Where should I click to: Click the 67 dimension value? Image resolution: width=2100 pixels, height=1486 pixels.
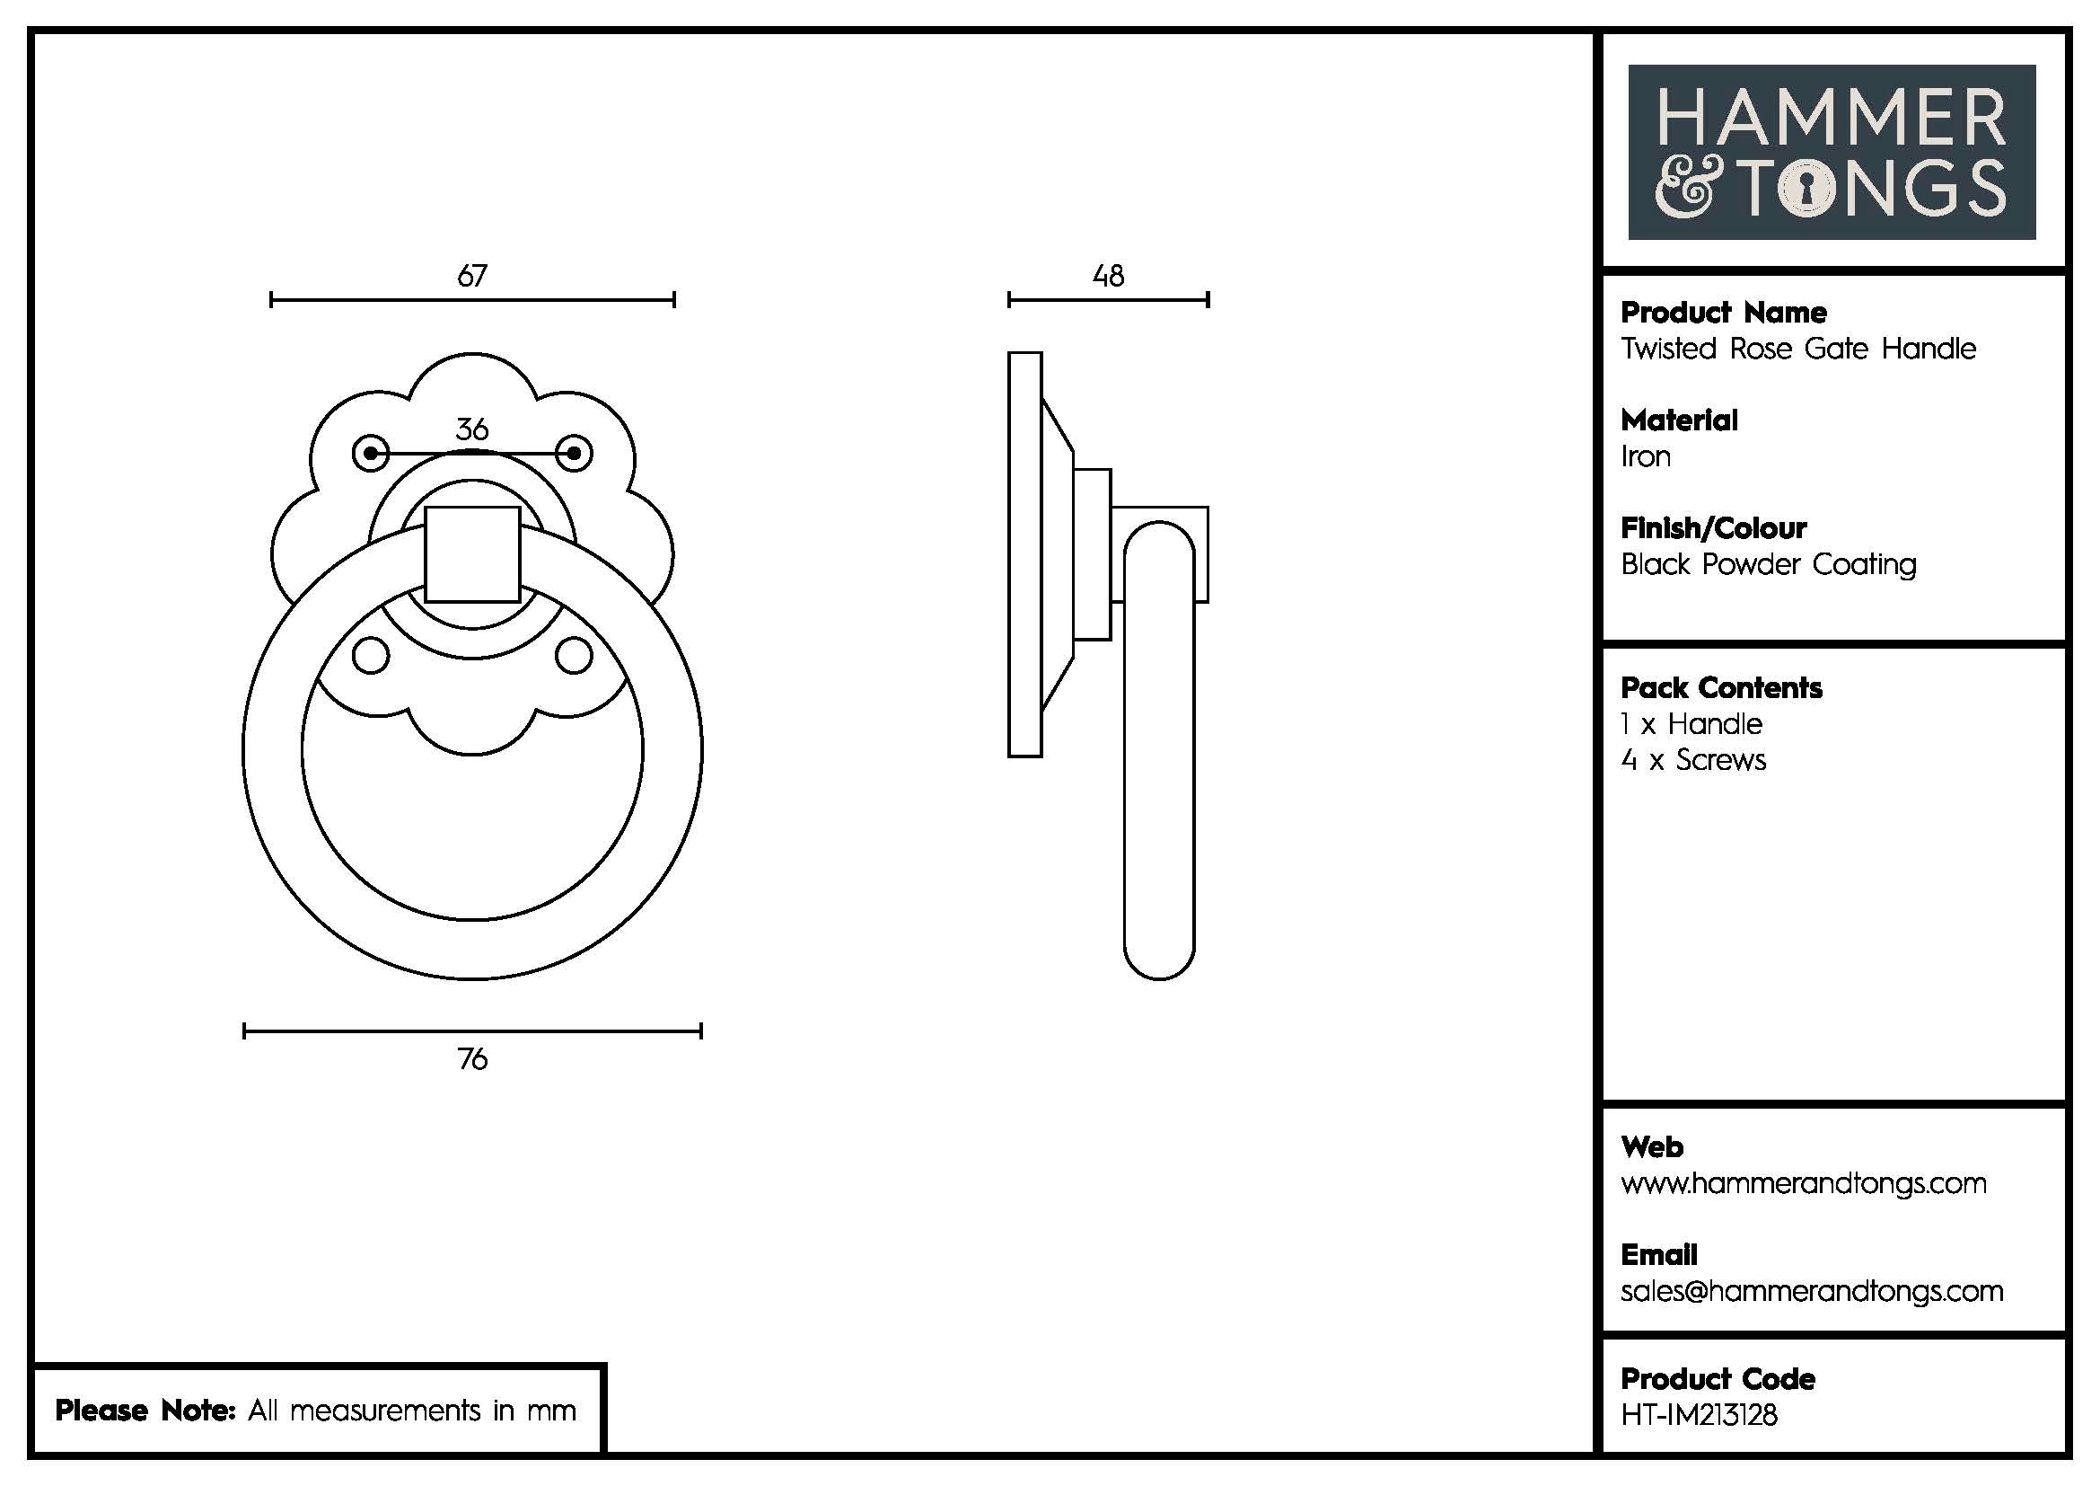pos(472,276)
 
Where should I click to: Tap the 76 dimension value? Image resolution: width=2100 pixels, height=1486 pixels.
pos(472,1058)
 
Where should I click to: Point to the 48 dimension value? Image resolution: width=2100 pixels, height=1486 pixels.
pos(1108,276)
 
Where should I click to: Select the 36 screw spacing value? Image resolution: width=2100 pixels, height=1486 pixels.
pos(472,429)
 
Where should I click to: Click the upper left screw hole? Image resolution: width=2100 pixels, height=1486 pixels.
pos(371,453)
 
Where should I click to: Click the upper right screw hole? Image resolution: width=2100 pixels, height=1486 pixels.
pos(575,453)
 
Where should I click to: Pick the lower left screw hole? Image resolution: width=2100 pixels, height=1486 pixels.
pos(371,655)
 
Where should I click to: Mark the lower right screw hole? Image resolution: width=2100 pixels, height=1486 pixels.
pos(575,655)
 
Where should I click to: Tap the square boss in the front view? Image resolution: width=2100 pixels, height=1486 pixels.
pos(473,553)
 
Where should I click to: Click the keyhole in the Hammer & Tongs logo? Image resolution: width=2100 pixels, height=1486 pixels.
pos(1806,190)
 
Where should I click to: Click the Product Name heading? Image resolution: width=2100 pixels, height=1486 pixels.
pos(1723,313)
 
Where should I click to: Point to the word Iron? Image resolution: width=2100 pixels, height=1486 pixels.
pos(1646,456)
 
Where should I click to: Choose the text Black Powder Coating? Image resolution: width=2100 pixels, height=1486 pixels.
pos(1768,564)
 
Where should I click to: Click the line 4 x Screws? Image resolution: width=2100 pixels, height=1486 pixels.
pos(1693,760)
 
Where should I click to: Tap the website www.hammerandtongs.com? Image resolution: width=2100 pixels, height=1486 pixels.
pos(1803,1183)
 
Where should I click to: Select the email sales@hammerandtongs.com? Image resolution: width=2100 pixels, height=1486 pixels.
pos(1811,1291)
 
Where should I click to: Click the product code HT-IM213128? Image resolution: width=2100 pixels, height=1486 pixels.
pos(1699,1415)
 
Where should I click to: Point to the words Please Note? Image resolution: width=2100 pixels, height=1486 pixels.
pos(145,1410)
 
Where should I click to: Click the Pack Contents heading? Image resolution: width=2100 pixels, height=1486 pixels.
pos(1721,688)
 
